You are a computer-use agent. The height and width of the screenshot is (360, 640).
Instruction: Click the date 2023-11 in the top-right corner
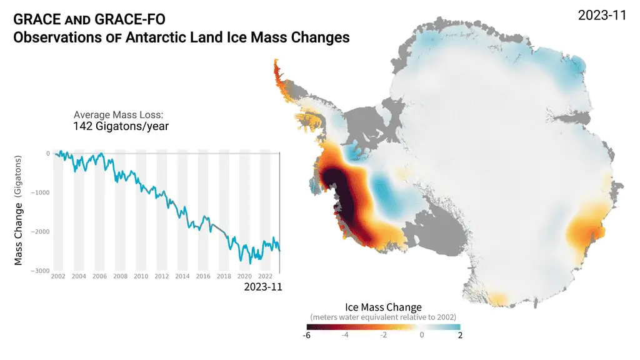coord(602,16)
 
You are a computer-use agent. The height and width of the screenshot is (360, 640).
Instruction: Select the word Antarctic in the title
coord(154,37)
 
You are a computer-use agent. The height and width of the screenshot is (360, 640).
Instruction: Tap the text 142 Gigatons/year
coord(121,126)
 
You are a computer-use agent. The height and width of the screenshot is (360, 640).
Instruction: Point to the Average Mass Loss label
coord(118,114)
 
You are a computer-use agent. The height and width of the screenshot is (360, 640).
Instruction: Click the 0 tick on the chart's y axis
coord(47,154)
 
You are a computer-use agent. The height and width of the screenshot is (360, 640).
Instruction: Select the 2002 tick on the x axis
coord(58,276)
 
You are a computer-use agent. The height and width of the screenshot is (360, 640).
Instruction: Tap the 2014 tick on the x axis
coord(182,276)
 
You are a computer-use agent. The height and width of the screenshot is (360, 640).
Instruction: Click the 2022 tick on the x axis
coord(264,276)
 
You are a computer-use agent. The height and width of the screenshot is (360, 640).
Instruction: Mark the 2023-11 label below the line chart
coord(262,287)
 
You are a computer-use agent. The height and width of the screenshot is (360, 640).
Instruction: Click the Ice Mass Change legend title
coord(383,307)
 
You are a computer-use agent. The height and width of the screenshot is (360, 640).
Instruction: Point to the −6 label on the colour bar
coord(306,336)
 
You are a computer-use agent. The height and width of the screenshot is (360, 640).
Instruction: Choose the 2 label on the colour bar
coord(460,336)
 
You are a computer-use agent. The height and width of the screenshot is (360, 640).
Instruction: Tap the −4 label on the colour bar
coord(344,335)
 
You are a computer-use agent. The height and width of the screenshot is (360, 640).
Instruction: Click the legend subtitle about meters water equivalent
coord(383,317)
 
